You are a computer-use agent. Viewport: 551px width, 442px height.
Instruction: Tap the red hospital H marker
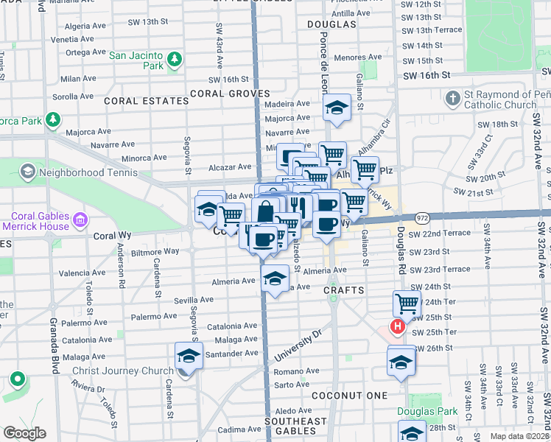[x=398, y=328]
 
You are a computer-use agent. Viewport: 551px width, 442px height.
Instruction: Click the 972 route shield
[x=421, y=218]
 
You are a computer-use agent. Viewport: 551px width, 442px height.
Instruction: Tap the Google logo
[x=24, y=433]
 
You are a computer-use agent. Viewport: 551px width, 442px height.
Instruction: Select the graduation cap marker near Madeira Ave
[x=337, y=108]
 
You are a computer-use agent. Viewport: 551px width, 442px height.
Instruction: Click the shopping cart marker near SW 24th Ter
[x=407, y=302]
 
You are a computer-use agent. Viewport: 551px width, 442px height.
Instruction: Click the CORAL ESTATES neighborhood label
[x=146, y=100]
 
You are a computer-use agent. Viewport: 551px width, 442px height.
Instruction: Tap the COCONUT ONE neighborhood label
[x=349, y=396]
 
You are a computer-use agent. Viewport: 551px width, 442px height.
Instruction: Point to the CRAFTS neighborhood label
[x=344, y=290]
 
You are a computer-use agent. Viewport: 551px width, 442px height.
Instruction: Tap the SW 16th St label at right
[x=425, y=75]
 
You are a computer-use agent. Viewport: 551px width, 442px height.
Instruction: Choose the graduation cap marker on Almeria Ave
[x=275, y=278]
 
